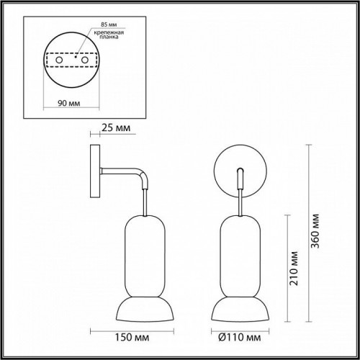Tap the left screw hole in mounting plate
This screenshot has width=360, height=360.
click(53, 61)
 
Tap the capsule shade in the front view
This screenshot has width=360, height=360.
click(239, 244)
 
